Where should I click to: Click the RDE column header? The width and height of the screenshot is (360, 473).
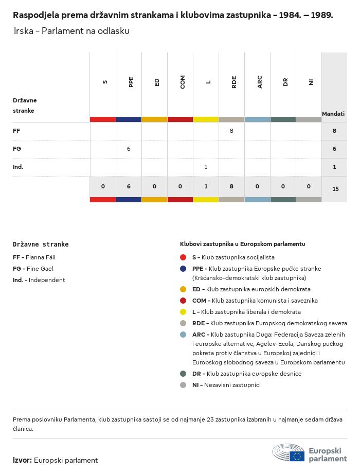234,82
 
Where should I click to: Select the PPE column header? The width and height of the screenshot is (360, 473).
131,82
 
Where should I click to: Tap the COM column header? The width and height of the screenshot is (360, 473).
183,82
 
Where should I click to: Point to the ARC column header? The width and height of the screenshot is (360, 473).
260,82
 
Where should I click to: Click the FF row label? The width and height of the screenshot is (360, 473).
16,131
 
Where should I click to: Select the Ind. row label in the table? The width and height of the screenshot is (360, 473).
18,167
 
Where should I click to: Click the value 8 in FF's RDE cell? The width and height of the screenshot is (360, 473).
231,131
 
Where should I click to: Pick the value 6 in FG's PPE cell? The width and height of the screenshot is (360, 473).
129,149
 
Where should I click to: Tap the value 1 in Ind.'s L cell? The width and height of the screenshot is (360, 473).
206,167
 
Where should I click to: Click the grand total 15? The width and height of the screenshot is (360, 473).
335,189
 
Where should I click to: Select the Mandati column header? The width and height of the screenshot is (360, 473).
333,114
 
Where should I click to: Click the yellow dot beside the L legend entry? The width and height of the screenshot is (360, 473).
183,312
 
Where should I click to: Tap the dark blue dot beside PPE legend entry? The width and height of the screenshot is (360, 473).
183,269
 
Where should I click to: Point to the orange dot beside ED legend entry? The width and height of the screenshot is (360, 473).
183,289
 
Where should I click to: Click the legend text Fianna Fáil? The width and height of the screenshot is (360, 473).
41,257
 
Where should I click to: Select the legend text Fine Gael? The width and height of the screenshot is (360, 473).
40,269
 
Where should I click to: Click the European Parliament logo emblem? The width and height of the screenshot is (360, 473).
288,453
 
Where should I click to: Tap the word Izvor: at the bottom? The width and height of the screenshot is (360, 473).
22,460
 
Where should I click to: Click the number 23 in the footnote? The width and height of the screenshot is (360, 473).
210,419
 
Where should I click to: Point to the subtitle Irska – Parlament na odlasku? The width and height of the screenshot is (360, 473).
71,31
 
